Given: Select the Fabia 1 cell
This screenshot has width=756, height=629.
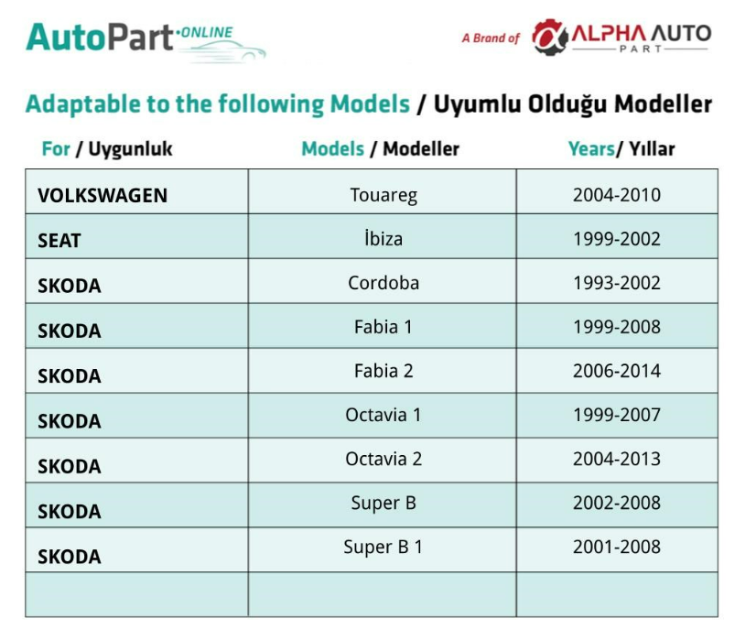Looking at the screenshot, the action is [383, 327].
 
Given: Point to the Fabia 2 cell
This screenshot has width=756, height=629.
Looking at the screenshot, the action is [383, 371].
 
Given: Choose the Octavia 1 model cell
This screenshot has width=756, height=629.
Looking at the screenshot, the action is [383, 415].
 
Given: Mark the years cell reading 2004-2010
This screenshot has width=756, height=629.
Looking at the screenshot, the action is [617, 195].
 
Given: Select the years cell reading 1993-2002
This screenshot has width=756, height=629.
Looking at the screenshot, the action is [617, 283].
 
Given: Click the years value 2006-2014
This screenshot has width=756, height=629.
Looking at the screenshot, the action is [617, 371].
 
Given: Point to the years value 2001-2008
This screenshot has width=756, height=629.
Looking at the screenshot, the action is [617, 547].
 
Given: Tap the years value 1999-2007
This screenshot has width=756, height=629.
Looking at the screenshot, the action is [617, 415].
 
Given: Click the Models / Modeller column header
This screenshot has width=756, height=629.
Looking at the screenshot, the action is [381, 149].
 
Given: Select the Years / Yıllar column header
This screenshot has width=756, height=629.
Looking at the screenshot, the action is [621, 149].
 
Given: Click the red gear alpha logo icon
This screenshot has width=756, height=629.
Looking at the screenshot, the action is [550, 38].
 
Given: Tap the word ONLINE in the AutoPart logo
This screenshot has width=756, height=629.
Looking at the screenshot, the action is [205, 33].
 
